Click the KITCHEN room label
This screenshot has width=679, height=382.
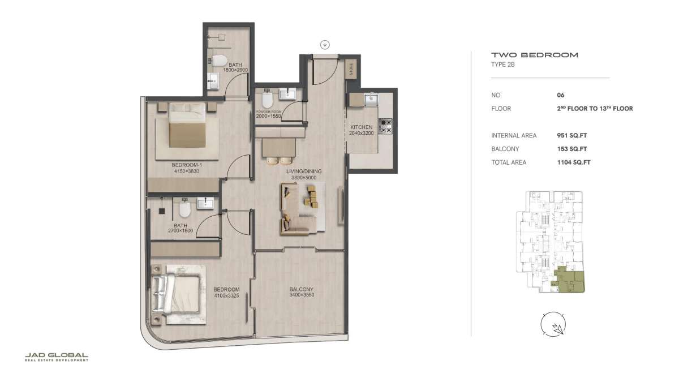coord(361,127)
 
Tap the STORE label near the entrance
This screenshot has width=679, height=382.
coord(351,69)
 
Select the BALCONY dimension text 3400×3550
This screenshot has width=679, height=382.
coord(302,295)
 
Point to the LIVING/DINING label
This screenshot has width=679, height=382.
coord(304,171)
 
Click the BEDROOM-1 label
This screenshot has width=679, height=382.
coord(187,165)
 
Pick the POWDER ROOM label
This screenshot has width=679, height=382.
coord(269,111)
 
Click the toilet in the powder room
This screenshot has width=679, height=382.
coord(267,99)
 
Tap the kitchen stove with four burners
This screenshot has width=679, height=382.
coord(385,126)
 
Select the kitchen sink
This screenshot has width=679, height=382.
coord(371,99)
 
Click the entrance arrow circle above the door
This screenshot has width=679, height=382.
coord(325,45)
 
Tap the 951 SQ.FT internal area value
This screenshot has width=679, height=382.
coord(571,135)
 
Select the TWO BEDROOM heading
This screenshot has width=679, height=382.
coord(535,55)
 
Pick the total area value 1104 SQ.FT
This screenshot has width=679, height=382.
coord(574,162)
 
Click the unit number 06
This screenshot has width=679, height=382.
coord(561,95)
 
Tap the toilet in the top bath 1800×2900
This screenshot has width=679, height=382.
coord(219,61)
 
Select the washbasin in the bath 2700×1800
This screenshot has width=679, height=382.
coord(205,203)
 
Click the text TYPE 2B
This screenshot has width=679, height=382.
coord(503,65)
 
